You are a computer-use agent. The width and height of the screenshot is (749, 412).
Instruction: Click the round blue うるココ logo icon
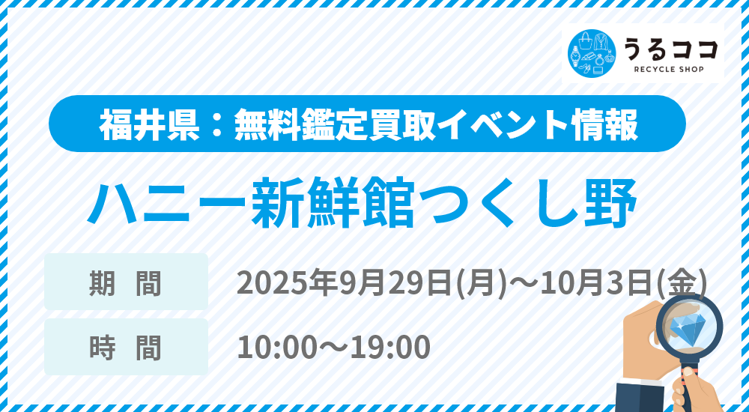point(592,53)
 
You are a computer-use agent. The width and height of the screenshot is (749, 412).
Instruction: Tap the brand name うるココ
point(670,49)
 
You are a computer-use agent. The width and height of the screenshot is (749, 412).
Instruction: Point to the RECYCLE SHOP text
point(669,70)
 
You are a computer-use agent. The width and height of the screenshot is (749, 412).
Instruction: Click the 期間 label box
point(126,282)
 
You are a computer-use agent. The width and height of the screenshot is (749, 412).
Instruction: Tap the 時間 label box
point(126,347)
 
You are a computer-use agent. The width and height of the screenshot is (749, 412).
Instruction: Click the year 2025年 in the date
point(288,283)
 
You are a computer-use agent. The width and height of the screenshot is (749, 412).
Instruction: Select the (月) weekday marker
point(481,283)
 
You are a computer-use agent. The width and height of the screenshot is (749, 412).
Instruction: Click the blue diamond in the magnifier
point(686,326)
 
